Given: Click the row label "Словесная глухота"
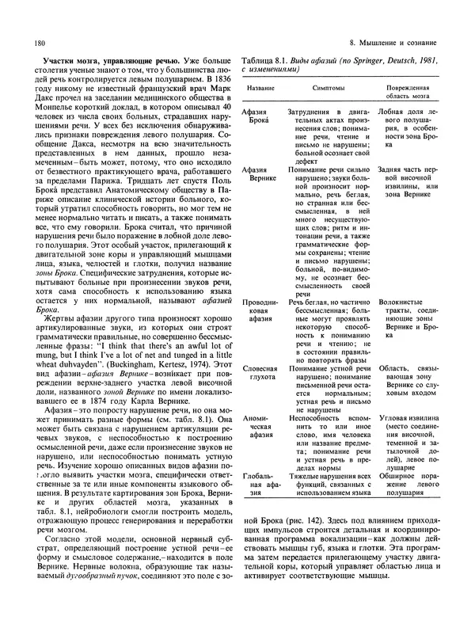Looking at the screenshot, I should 257,353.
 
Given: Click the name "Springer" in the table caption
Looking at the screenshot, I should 367,60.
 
